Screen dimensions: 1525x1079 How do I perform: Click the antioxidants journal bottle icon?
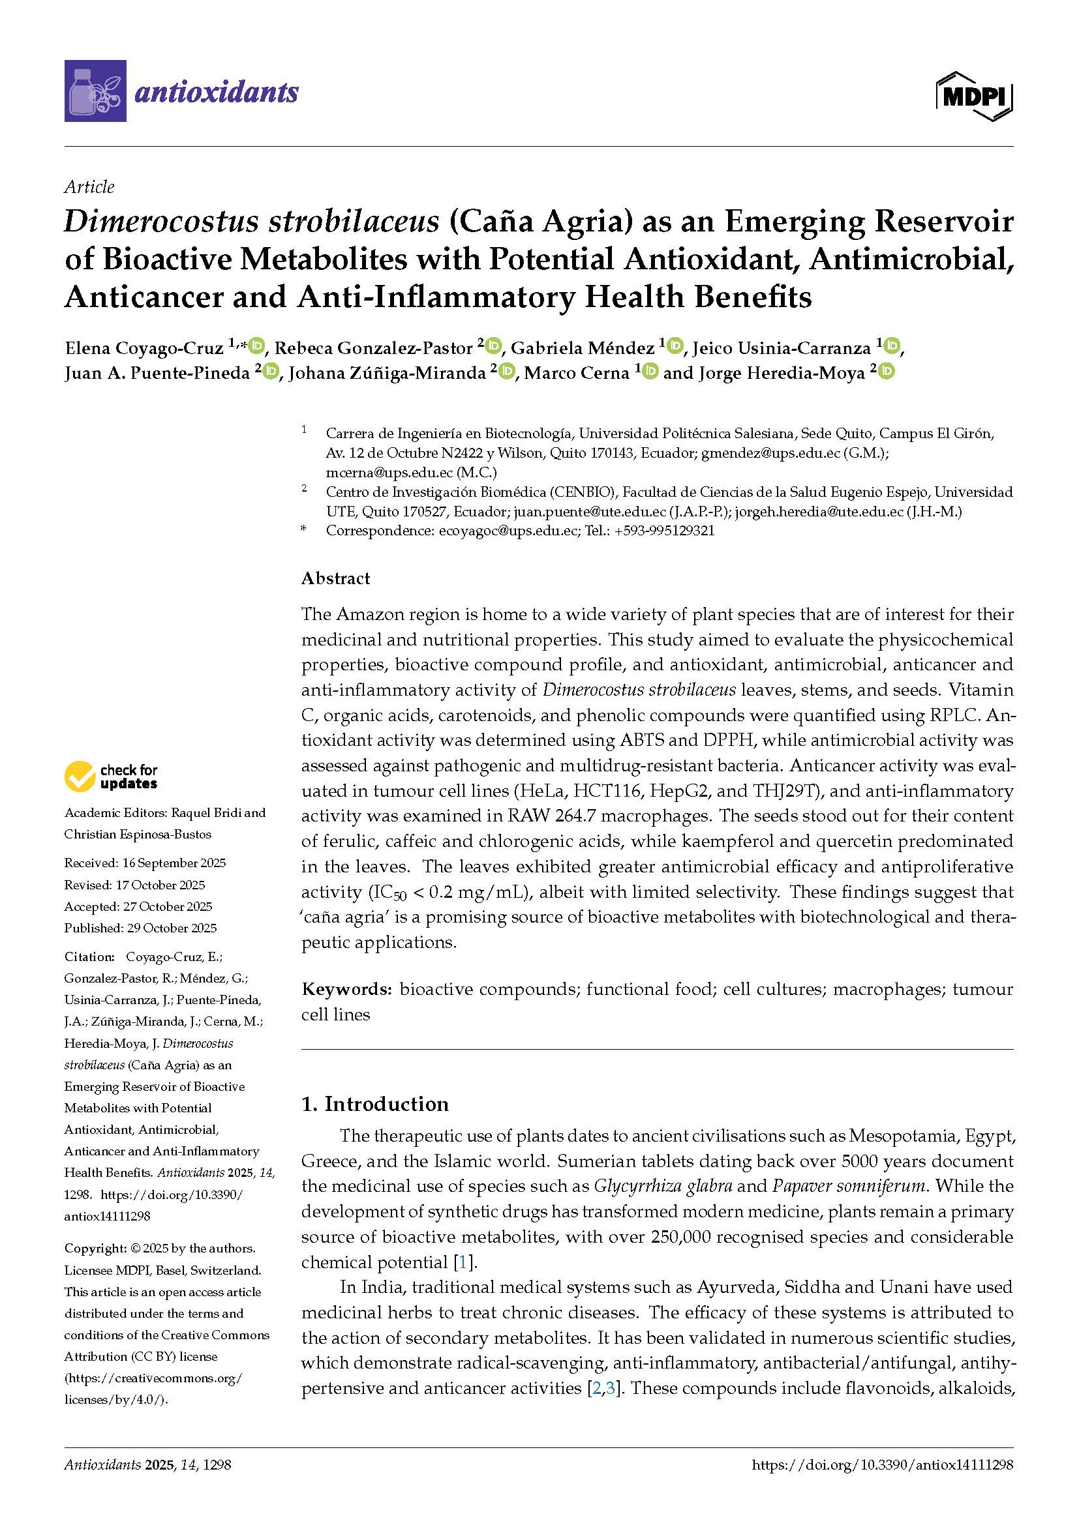(x=95, y=91)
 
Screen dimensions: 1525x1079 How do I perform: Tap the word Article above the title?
(x=89, y=186)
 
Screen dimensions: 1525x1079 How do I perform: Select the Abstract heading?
(x=335, y=578)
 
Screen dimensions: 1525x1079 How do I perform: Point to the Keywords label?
(x=346, y=989)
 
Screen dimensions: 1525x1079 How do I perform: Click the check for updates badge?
(x=111, y=776)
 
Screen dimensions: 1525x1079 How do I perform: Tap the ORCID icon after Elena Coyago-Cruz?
(x=257, y=346)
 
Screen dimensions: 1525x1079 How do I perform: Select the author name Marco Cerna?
(x=576, y=373)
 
